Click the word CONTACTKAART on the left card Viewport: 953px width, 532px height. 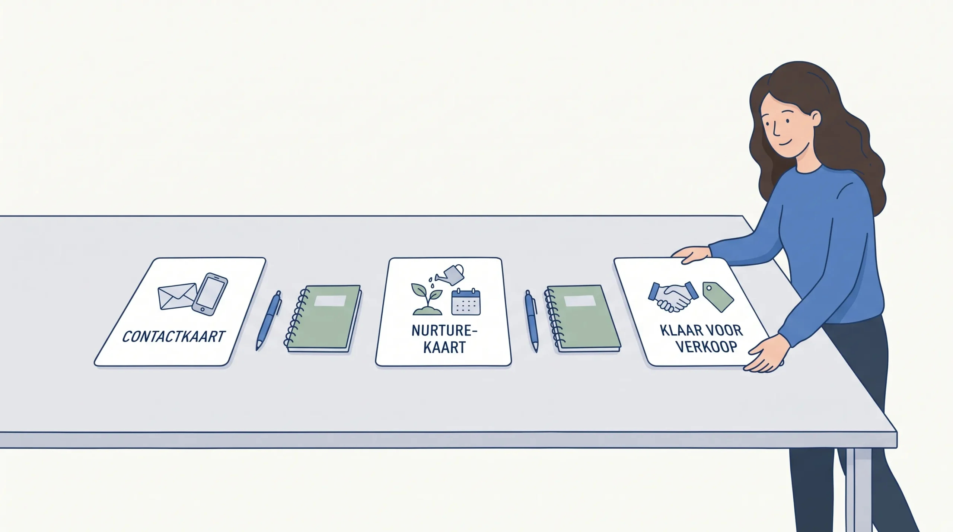click(x=173, y=337)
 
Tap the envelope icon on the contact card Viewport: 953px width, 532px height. click(x=178, y=296)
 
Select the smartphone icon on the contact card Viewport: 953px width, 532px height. click(x=210, y=294)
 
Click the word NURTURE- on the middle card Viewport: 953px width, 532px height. click(x=444, y=331)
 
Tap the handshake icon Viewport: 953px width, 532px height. click(x=673, y=297)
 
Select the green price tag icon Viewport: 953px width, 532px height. click(x=718, y=297)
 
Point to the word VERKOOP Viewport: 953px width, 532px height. click(x=706, y=347)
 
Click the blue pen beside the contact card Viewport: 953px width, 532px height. click(x=268, y=321)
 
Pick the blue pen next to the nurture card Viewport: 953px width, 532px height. click(x=532, y=321)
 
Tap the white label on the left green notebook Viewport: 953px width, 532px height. click(x=330, y=301)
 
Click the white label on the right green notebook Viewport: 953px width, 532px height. click(x=580, y=301)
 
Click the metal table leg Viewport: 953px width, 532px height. click(x=858, y=490)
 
